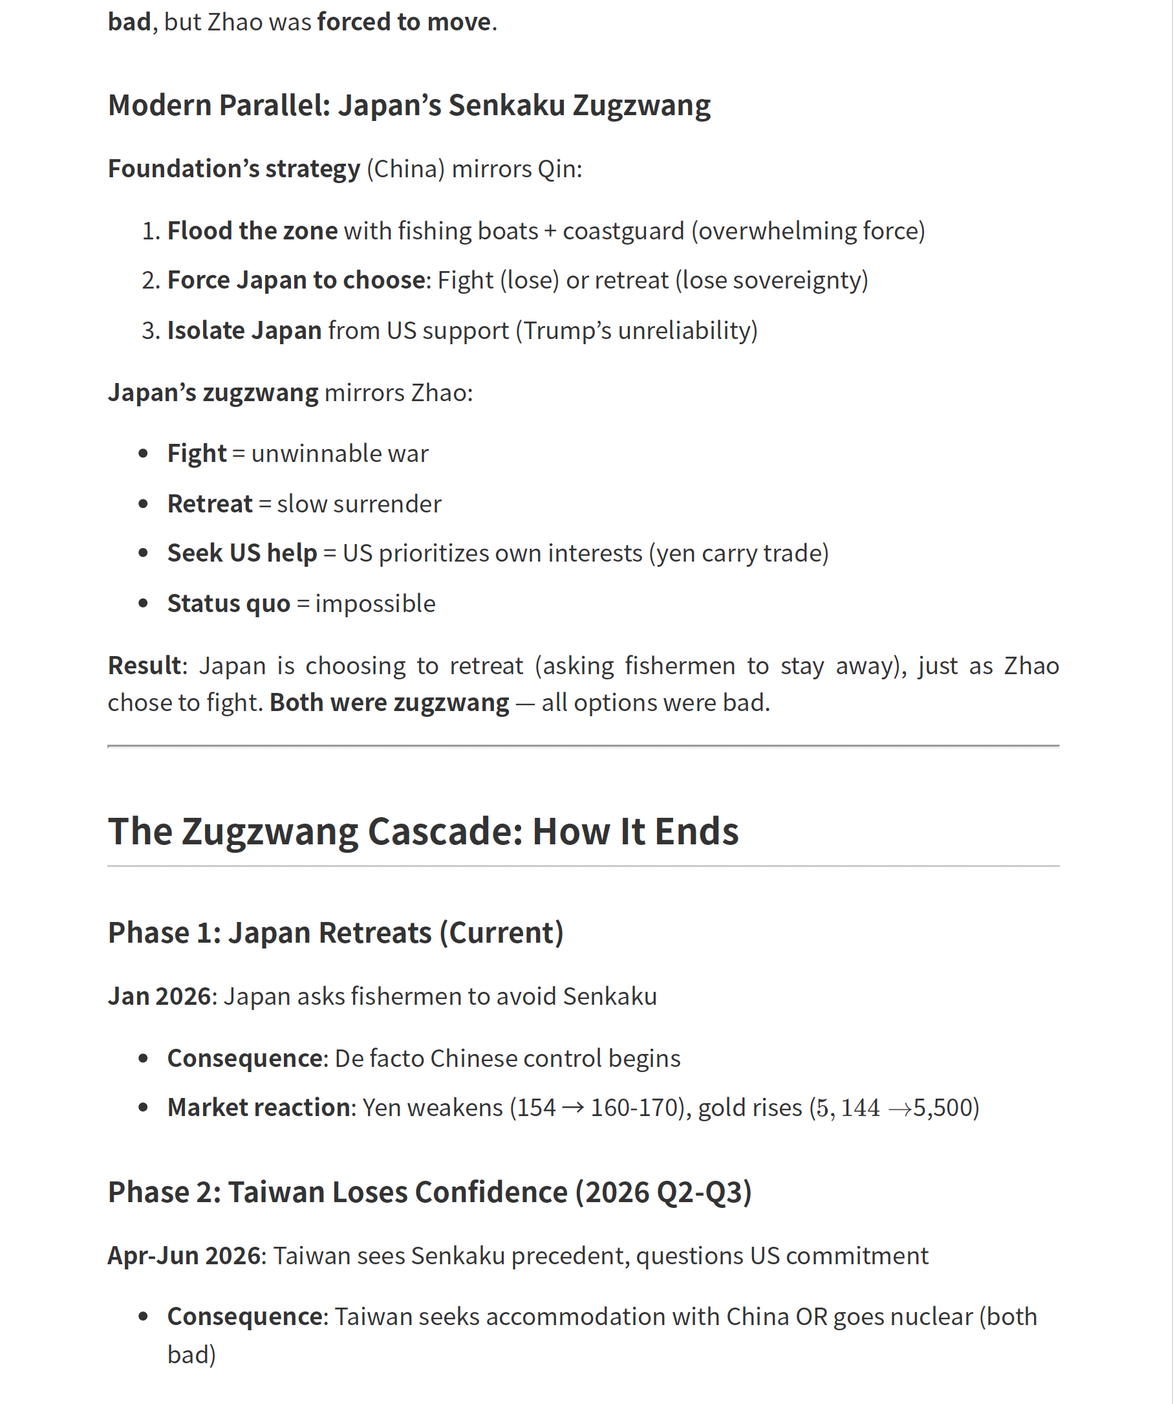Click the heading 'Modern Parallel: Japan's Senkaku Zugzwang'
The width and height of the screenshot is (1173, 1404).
[x=409, y=105]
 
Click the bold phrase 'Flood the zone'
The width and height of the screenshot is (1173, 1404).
[x=252, y=230]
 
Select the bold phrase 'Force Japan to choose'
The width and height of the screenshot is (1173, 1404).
[x=296, y=280]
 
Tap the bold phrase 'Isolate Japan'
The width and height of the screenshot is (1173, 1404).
[x=244, y=330]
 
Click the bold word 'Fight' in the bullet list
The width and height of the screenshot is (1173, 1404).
[x=197, y=454]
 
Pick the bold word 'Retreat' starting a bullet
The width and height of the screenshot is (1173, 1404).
[x=210, y=503]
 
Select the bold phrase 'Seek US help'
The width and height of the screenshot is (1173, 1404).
[x=242, y=553]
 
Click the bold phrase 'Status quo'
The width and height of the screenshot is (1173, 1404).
[x=228, y=603]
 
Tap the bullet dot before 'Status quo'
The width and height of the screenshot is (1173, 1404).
[x=143, y=603]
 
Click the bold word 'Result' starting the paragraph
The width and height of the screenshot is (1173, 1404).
[x=144, y=665]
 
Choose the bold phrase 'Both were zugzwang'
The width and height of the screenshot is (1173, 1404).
[x=389, y=703]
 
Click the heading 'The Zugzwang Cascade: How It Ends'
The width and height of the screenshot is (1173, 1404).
[x=422, y=831]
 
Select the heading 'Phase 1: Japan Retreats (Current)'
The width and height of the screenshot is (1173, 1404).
[x=336, y=933]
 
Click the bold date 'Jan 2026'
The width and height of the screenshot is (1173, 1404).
[x=159, y=996]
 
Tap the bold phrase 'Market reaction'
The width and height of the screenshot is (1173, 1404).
[x=259, y=1107]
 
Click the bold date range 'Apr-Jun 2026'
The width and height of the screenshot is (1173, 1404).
[x=184, y=1256]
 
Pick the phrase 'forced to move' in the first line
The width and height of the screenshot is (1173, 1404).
[x=404, y=22]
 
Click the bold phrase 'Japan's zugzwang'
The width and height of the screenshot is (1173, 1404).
[x=213, y=393]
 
